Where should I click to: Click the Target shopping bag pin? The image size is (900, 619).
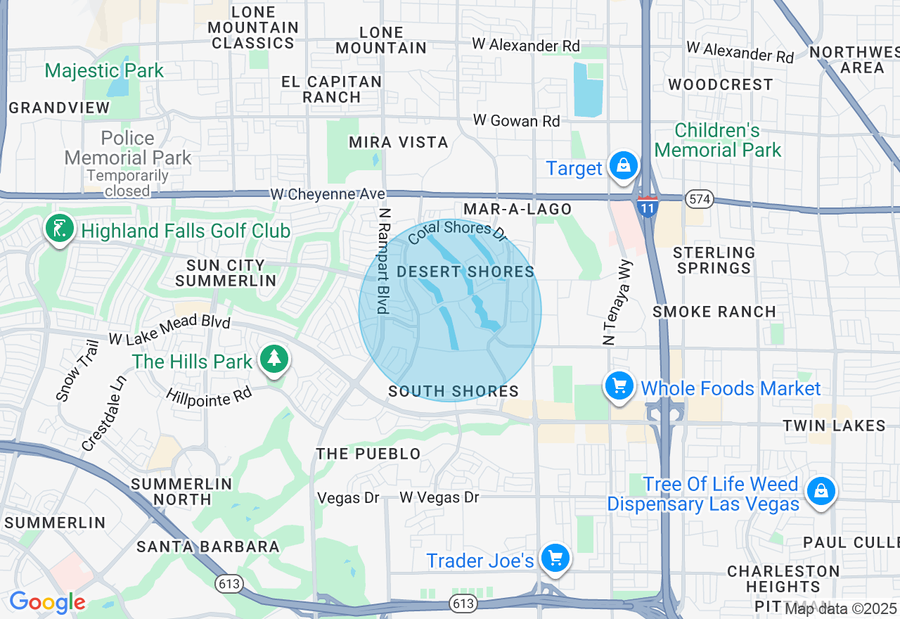(x=623, y=166)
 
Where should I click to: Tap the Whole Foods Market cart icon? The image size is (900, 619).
(x=619, y=385)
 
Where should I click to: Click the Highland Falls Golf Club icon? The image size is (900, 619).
(x=59, y=229)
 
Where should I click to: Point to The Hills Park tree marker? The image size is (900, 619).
(x=274, y=359)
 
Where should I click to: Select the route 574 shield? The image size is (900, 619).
(x=700, y=200)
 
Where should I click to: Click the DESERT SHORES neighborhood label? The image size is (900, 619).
(x=465, y=272)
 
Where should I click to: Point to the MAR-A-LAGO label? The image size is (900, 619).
(x=517, y=209)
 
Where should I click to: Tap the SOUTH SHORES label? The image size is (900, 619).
(x=454, y=392)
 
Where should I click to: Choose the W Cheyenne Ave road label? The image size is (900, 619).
(x=328, y=193)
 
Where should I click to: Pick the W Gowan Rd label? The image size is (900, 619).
(x=517, y=121)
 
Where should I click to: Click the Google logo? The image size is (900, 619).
(x=47, y=602)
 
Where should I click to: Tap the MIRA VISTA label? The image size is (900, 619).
(x=399, y=142)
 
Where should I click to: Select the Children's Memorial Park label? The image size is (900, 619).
(x=717, y=140)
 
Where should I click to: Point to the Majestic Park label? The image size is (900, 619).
(x=104, y=70)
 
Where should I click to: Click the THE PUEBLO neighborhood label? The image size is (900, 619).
(x=368, y=454)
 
